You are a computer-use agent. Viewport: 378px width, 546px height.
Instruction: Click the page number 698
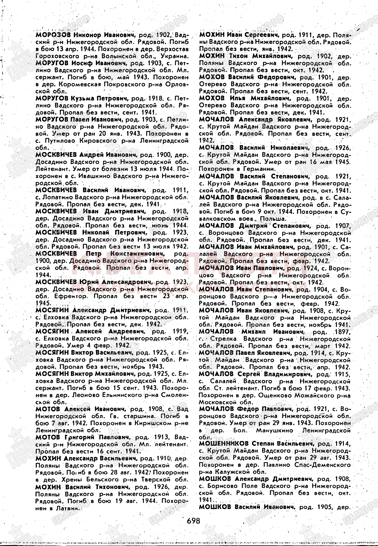click(x=194, y=520)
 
